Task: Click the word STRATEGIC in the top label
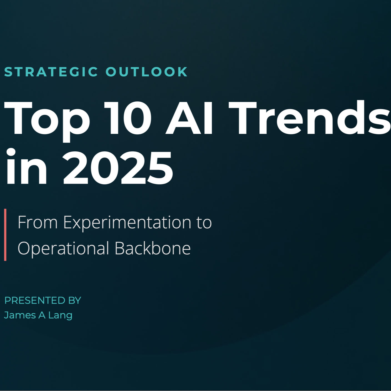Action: tap(51, 72)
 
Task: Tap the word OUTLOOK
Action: tap(147, 72)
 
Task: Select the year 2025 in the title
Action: tap(118, 168)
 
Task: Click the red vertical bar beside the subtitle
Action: tap(5, 235)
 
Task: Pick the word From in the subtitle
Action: tap(37, 222)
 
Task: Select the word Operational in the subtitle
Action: tap(63, 249)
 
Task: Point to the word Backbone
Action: tap(152, 248)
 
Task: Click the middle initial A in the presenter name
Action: tap(42, 315)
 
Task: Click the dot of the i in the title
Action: tap(11, 152)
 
